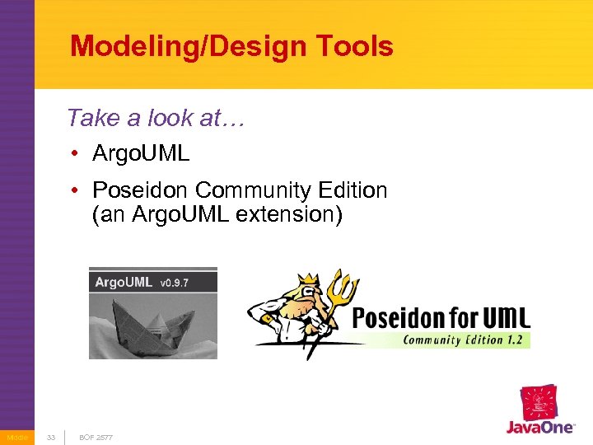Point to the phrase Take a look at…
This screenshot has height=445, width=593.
pos(157,118)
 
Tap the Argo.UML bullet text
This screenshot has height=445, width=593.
pos(141,153)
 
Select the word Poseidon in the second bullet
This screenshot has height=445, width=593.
pos(141,190)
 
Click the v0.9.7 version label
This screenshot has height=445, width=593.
pos(175,283)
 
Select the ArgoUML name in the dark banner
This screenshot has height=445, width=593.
pos(124,282)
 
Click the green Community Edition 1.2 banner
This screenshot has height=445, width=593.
pos(465,340)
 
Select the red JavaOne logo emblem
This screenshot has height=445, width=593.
pos(539,403)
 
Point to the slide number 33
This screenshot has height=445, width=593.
pos(51,437)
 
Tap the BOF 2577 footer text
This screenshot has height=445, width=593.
pos(96,437)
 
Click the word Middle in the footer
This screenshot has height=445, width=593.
pos(16,437)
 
